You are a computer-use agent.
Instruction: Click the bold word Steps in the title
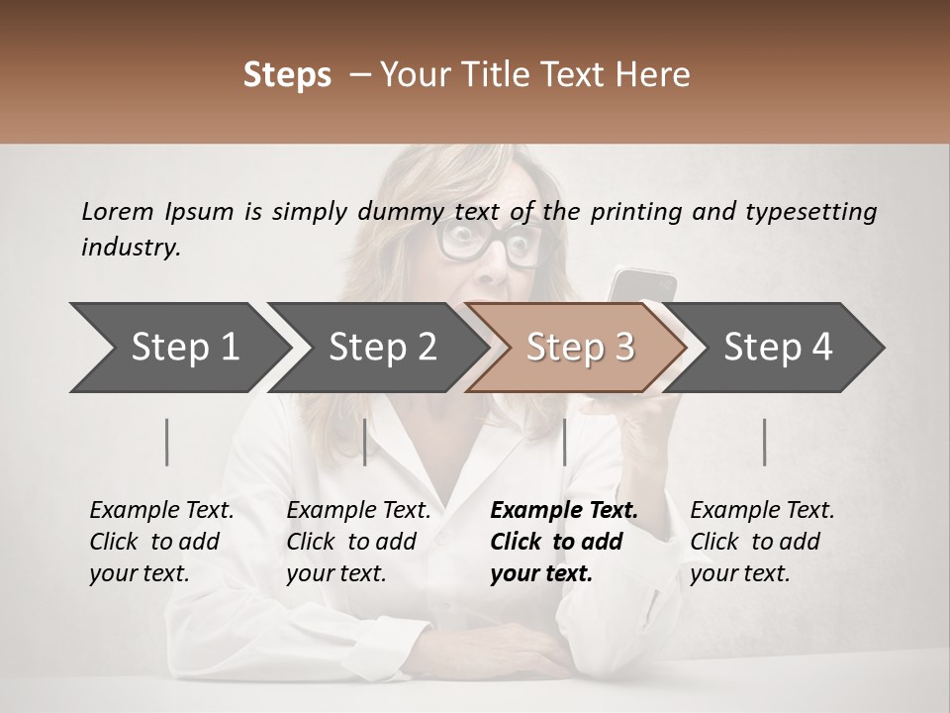[x=287, y=74]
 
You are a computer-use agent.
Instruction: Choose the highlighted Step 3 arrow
[x=579, y=347]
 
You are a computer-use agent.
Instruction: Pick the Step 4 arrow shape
[x=778, y=347]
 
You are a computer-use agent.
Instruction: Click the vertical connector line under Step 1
[x=167, y=442]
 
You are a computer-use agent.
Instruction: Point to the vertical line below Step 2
[x=365, y=442]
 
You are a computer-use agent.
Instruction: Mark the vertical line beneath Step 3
[x=564, y=442]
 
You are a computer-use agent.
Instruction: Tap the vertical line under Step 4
[x=764, y=442]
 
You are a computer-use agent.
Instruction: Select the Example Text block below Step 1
[x=161, y=542]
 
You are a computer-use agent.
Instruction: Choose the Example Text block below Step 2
[x=358, y=542]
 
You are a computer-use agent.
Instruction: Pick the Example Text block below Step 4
[x=762, y=542]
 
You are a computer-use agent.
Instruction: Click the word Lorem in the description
[x=118, y=211]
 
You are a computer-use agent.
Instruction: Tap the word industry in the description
[x=131, y=248]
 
